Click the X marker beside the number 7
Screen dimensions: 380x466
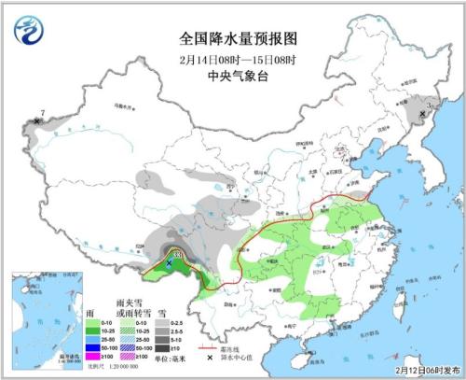coord(36,121)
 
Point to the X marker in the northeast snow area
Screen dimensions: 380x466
coord(422,114)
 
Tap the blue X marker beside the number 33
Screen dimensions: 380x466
coord(169,264)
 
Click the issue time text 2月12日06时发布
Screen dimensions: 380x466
coord(421,371)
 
